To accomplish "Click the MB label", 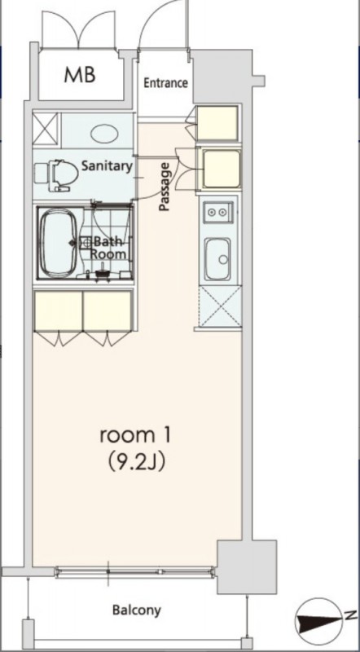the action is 80,75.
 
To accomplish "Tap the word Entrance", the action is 165,83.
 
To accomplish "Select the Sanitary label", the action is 107,166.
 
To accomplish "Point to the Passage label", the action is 165,187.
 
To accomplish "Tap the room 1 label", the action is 135,436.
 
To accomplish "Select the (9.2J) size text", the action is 137,462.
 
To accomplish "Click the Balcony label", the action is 136,610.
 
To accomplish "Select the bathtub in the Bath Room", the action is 58,243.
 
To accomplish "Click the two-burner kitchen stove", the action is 217,213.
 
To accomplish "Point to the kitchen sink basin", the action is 217,259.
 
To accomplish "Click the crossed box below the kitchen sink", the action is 220,306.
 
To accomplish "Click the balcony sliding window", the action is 135,572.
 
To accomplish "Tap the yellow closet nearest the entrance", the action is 217,123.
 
